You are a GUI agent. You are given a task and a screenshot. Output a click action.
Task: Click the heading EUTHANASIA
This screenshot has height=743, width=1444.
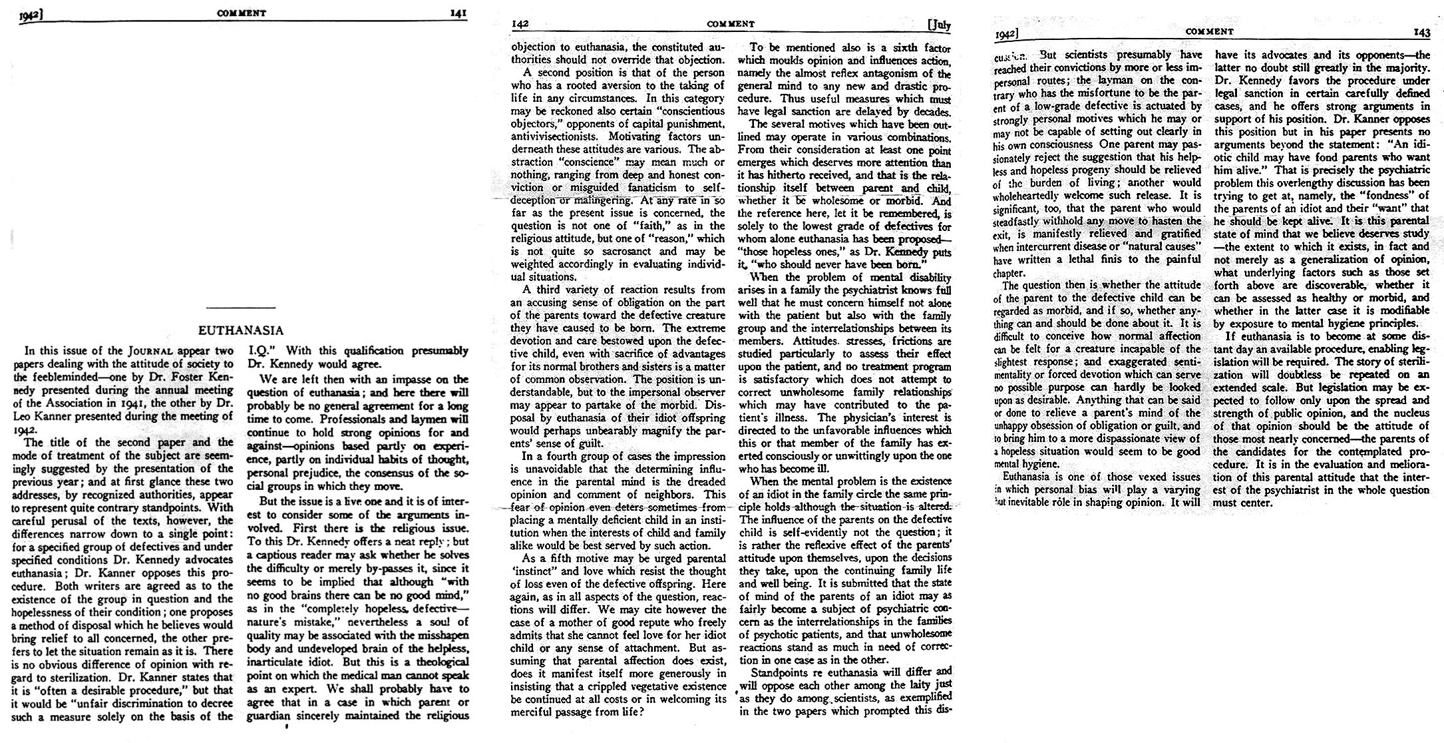click(241, 330)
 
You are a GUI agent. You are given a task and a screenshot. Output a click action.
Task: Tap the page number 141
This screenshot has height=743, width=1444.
click(458, 12)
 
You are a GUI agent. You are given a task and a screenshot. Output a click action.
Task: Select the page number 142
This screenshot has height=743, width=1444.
click(520, 24)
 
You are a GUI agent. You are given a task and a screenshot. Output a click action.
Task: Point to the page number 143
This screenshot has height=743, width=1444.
click(1421, 32)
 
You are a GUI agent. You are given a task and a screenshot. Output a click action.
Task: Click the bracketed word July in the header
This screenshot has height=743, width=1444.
click(939, 25)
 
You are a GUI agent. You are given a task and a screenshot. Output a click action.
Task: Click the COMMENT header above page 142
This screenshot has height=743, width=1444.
click(731, 24)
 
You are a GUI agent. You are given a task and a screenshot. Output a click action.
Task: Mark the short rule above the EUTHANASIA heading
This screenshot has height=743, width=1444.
click(241, 308)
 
